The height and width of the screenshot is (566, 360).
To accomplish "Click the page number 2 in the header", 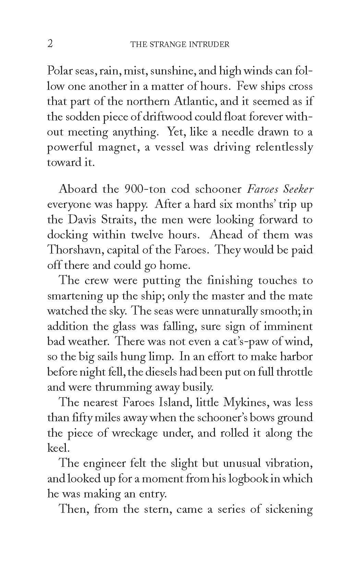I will [50, 44].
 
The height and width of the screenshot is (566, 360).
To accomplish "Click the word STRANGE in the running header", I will [161, 45].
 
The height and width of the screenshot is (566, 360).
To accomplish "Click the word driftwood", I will [163, 117].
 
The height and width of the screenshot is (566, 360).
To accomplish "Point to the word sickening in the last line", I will [289, 509].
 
